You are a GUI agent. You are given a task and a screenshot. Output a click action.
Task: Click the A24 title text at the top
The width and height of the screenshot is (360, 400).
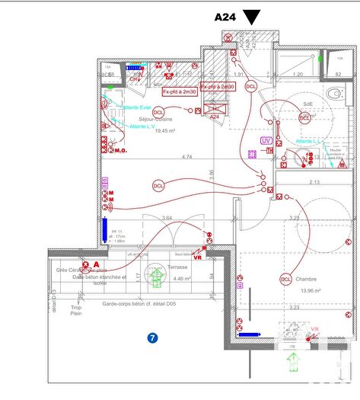(227, 16)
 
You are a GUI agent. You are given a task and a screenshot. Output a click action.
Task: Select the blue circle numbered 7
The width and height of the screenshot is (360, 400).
(152, 338)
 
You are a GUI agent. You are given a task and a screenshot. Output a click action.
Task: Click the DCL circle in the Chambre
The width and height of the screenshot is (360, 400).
(286, 279)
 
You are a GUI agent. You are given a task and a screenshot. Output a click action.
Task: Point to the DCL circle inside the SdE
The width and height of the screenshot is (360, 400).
(305, 118)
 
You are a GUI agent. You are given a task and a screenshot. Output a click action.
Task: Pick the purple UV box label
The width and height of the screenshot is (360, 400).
(266, 141)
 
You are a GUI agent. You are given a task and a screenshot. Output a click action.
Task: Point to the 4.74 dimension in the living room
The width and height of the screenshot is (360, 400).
(186, 157)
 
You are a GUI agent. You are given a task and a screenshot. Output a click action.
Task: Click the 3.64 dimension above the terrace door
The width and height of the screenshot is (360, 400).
(167, 219)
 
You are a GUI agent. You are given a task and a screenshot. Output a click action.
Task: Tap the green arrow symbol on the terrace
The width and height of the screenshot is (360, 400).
(158, 276)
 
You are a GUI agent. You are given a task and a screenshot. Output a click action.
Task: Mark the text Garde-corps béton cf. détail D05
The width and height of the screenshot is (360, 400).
(144, 304)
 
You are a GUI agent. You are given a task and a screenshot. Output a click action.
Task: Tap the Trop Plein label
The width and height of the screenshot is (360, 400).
(77, 312)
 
